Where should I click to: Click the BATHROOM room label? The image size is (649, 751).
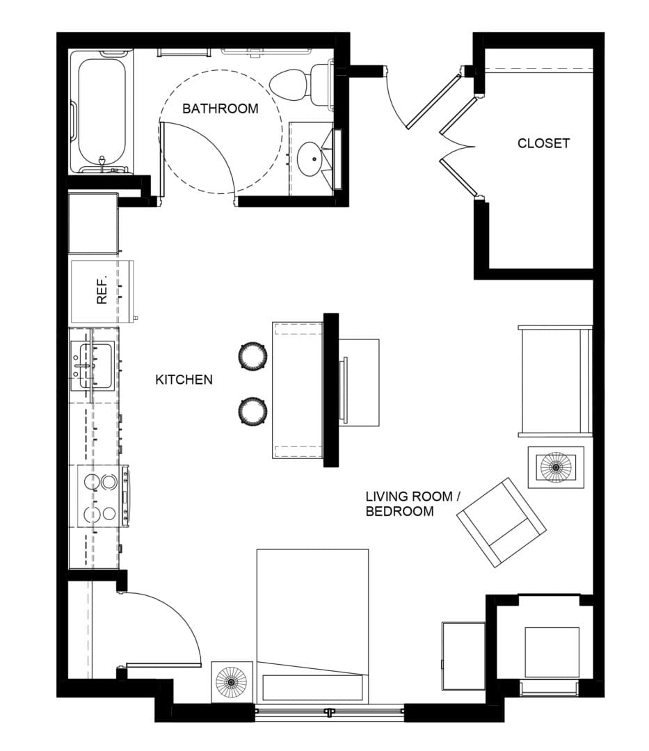pyautogui.click(x=220, y=108)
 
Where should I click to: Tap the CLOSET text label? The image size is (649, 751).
pyautogui.click(x=543, y=143)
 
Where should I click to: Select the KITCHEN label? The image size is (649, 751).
pyautogui.click(x=184, y=380)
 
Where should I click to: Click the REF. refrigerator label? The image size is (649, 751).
pyautogui.click(x=102, y=291)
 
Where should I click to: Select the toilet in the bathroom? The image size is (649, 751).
pyautogui.click(x=296, y=83)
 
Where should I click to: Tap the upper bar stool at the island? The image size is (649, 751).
pyautogui.click(x=253, y=356)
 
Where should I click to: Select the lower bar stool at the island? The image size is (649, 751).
pyautogui.click(x=253, y=410)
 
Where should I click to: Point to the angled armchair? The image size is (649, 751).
pyautogui.click(x=502, y=522)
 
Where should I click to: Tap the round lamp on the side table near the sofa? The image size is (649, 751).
pyautogui.click(x=555, y=467)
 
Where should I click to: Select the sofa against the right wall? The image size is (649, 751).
pyautogui.click(x=555, y=380)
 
